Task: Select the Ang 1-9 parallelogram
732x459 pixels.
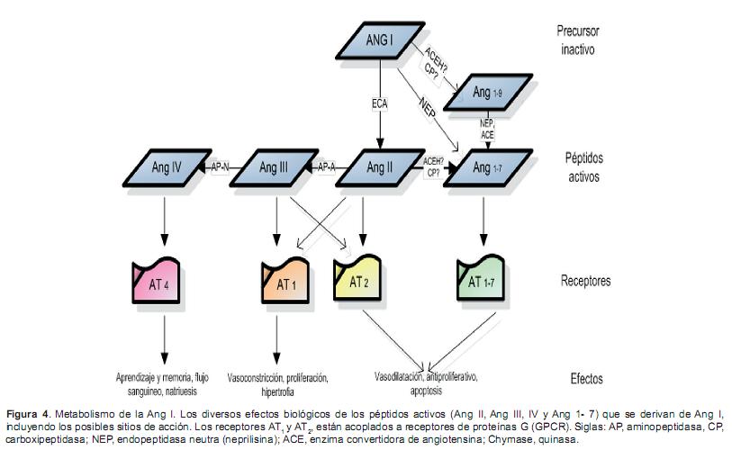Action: tap(483, 94)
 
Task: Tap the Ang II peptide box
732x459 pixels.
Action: tap(379, 166)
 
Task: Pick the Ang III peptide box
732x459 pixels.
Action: tap(275, 166)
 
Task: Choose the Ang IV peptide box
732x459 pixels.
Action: tap(165, 166)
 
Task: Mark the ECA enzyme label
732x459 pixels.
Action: tap(380, 104)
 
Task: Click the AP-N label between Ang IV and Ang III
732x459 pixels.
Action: tap(219, 166)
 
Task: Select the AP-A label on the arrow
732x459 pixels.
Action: tap(327, 166)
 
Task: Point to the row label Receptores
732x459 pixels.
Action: tap(585, 281)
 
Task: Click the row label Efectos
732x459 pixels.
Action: tap(586, 379)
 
